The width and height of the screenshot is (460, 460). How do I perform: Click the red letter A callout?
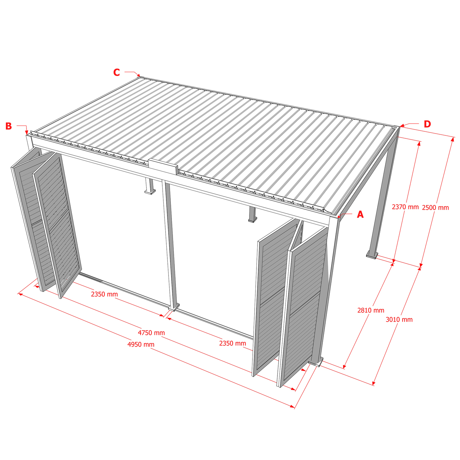[x=360, y=215]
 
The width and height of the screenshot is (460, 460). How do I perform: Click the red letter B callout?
[x=8, y=126]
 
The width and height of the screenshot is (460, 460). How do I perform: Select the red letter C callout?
[x=117, y=72]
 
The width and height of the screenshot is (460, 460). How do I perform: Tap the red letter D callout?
[x=427, y=124]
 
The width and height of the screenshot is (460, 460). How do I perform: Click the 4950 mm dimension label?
[x=141, y=344]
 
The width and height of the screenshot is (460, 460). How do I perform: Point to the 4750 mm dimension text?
[x=151, y=333]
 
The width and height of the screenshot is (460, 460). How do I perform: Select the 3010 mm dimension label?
[x=399, y=319]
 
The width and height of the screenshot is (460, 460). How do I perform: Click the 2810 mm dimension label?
[x=371, y=310]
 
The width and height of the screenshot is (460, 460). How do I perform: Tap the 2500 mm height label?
[x=435, y=208]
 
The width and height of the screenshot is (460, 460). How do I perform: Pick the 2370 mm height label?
[x=405, y=207]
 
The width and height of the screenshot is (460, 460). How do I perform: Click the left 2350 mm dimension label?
[x=104, y=294]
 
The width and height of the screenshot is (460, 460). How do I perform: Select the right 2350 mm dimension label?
[x=233, y=343]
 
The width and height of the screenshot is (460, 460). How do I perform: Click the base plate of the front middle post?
[x=174, y=308]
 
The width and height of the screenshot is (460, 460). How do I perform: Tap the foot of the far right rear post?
[x=372, y=255]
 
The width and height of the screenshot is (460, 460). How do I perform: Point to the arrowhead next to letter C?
[x=138, y=75]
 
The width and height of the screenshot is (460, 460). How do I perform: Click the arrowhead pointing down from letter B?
[x=27, y=132]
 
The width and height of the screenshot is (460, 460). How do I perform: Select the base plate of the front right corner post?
[x=316, y=362]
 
